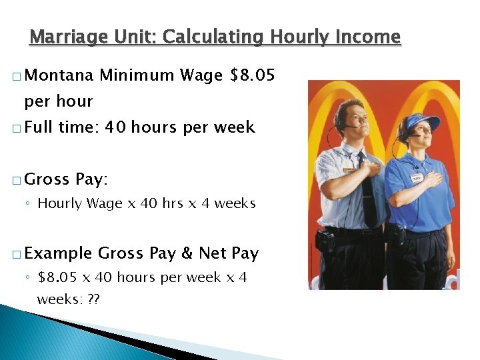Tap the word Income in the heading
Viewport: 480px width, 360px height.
coord(368,37)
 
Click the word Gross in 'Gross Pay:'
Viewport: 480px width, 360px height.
coord(47,179)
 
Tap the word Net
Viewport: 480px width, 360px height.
coord(213,253)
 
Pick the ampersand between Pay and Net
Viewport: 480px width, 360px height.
coord(187,253)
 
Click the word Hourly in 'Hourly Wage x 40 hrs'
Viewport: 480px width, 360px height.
coord(59,204)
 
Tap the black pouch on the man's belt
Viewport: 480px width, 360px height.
coord(325,241)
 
